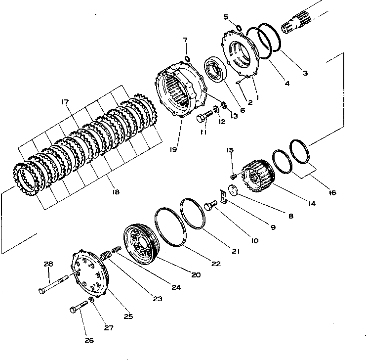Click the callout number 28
[x=48, y=265]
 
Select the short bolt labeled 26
[x=79, y=307]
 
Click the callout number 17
[x=65, y=103]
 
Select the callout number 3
[x=305, y=73]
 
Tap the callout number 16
[x=332, y=192]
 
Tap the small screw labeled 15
[x=233, y=175]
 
